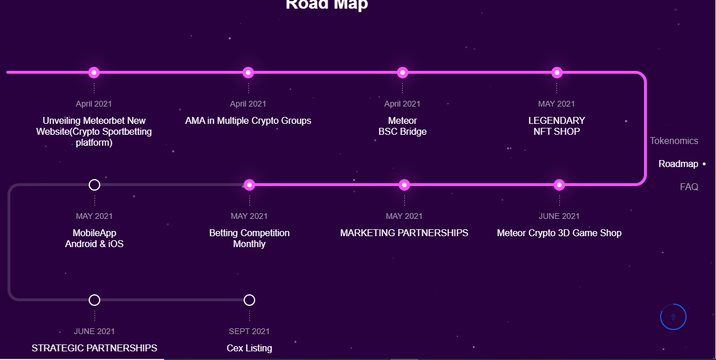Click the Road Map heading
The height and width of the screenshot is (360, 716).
327,5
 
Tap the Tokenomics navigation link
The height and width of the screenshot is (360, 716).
674,141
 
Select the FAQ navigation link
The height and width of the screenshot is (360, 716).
689,187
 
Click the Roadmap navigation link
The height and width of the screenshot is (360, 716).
679,164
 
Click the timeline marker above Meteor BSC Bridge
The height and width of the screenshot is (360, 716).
403,73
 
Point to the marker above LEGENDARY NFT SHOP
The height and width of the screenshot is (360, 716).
557,73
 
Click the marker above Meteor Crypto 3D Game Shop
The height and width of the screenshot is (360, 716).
559,185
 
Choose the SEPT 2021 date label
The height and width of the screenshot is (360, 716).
249,331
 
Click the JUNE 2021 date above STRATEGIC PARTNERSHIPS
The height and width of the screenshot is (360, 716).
94,331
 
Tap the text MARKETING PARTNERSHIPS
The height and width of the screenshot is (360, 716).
404,233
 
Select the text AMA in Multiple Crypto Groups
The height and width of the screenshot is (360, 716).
248,120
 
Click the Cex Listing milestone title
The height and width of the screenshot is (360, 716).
249,348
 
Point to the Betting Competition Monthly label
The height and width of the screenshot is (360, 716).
249,238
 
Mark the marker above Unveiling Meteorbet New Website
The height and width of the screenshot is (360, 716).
94,73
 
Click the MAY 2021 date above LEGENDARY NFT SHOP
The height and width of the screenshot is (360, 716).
556,104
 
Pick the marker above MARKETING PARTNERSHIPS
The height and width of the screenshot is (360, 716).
404,185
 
